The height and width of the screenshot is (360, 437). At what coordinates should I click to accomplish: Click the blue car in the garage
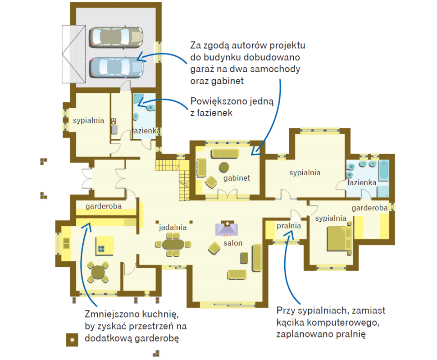tap(116, 68)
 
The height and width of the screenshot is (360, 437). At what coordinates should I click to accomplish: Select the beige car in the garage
tap(116, 37)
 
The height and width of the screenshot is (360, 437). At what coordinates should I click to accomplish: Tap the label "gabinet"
tap(237, 178)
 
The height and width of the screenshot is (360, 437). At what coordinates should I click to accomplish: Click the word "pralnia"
tap(289, 226)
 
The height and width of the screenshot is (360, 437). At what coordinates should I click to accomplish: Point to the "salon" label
tap(233, 243)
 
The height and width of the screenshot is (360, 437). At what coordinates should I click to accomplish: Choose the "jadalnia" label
tap(173, 228)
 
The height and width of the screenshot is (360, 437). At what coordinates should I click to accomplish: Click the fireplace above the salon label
tap(227, 228)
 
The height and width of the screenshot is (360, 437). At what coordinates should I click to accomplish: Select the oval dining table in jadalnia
tap(173, 244)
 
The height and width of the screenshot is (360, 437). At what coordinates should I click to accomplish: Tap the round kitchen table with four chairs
tap(98, 272)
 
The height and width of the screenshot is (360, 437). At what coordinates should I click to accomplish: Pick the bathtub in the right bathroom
tap(384, 170)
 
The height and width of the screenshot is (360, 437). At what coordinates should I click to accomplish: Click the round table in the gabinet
tap(224, 167)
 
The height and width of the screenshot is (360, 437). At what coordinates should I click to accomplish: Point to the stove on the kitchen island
tap(101, 249)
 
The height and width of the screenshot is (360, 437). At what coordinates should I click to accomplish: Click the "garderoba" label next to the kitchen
tap(104, 206)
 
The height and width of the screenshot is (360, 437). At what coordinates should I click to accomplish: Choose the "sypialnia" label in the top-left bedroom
tap(88, 120)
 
